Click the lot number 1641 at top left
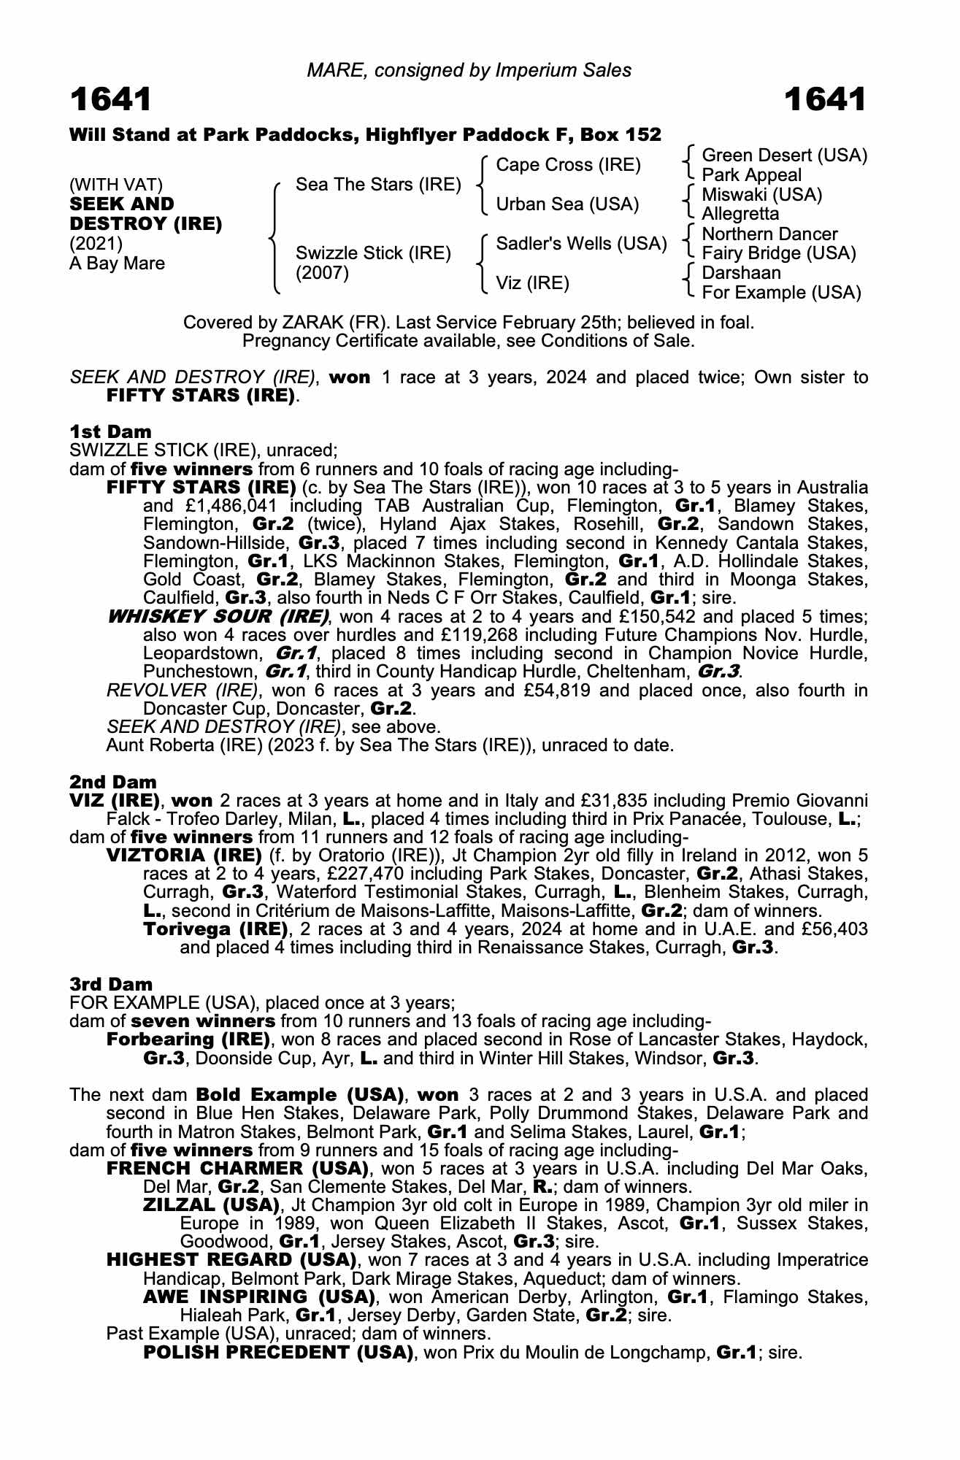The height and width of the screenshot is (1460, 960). [110, 100]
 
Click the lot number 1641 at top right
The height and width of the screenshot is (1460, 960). [825, 100]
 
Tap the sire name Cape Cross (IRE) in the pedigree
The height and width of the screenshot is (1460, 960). [568, 165]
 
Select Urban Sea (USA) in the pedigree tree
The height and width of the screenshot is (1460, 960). [567, 204]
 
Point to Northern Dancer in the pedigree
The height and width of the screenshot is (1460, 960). [769, 234]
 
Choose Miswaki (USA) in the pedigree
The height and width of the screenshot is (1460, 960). [761, 195]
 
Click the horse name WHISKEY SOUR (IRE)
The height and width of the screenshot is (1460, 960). [218, 616]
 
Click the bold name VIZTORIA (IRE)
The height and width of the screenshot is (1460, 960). [184, 855]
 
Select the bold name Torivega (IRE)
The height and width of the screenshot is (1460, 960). [215, 929]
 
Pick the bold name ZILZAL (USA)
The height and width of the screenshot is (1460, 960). [211, 1204]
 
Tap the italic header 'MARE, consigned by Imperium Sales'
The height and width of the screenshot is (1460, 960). [469, 70]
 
